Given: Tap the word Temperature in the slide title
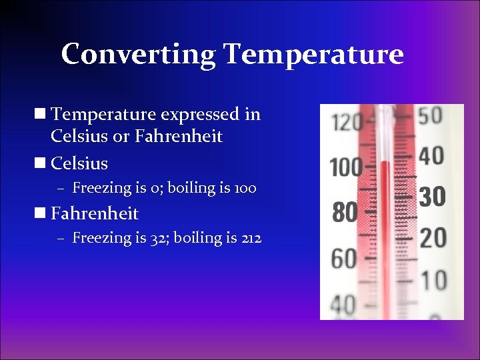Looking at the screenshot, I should point(313,54).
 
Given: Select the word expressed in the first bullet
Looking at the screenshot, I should point(201,114).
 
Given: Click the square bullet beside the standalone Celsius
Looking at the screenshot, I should point(42,163).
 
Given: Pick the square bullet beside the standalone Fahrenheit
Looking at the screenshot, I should point(42,213).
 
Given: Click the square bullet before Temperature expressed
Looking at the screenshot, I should point(42,114).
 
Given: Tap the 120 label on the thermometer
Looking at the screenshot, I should point(347,122).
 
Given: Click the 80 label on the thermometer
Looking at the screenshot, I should point(345,213).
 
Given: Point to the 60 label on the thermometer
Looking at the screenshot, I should point(345,259).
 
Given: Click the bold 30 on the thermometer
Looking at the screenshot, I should point(432,197).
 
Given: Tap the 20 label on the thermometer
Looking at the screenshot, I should point(433,238).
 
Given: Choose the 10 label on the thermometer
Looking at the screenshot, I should point(433,279).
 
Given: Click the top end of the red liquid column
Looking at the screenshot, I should point(385,162).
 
